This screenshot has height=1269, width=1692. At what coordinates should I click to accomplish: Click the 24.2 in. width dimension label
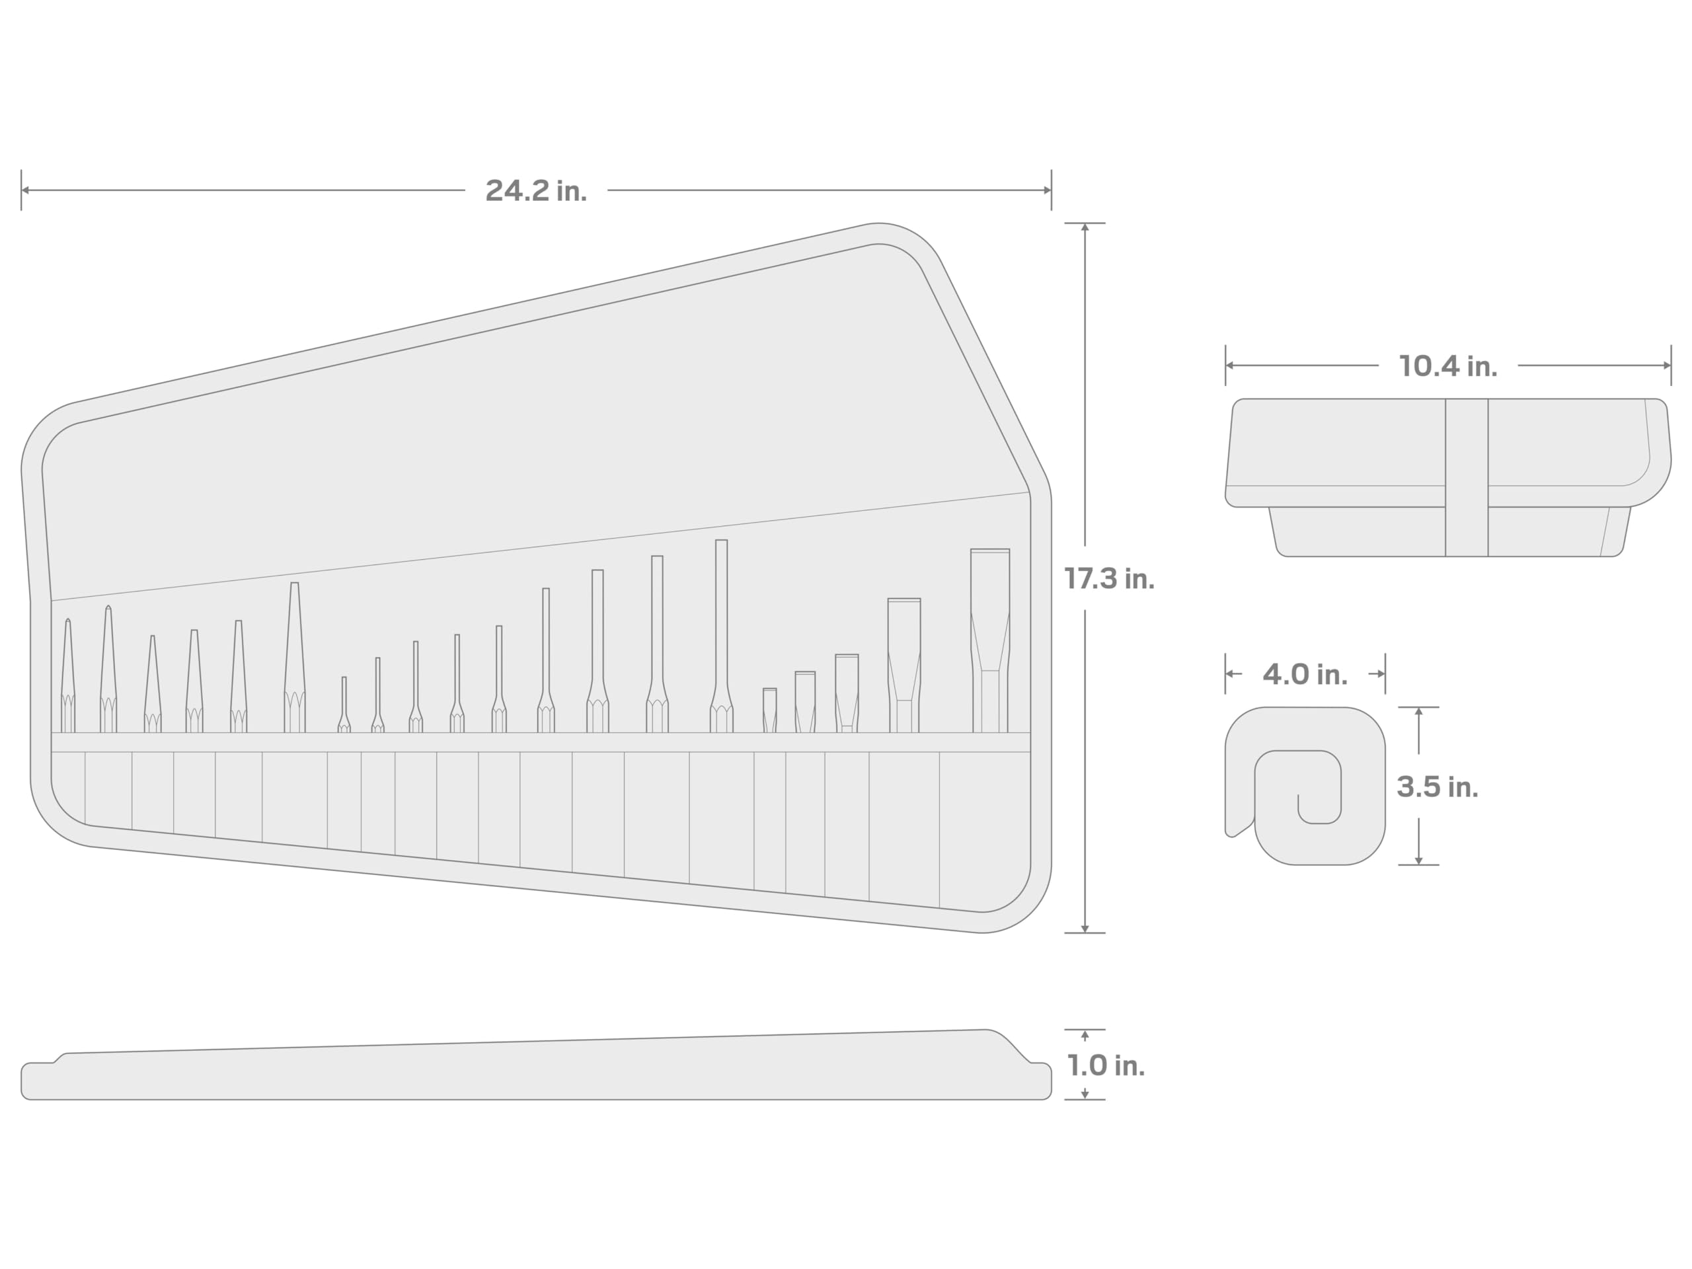point(535,190)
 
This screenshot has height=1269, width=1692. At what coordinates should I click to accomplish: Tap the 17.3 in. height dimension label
point(1108,579)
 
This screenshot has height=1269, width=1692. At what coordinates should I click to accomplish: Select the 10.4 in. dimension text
point(1447,365)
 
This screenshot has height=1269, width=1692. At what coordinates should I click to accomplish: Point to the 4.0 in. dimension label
point(1304,674)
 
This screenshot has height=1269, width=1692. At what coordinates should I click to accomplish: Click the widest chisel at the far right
point(990,642)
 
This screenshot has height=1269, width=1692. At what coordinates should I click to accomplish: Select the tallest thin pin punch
point(720,635)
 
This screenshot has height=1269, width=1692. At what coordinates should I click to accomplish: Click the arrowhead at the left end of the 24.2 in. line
point(25,190)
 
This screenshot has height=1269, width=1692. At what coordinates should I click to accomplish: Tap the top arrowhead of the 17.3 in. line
point(1085,227)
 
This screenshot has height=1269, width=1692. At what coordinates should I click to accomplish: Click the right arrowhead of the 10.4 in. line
point(1667,365)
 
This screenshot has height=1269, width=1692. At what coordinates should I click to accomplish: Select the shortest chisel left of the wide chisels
point(769,711)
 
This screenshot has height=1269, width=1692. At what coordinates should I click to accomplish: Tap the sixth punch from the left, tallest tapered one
point(295,658)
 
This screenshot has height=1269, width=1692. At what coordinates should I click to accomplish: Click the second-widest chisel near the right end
point(904,666)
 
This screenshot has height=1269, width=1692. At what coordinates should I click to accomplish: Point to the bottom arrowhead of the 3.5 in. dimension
point(1418,861)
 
